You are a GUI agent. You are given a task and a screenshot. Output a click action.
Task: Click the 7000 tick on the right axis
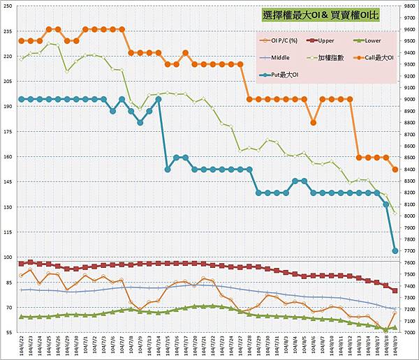pyautogui.click(x=409, y=333)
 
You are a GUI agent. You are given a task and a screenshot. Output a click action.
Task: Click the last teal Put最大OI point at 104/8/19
pyautogui.click(x=395, y=250)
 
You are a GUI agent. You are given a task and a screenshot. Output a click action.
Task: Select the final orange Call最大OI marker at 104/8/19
pyautogui.click(x=395, y=170)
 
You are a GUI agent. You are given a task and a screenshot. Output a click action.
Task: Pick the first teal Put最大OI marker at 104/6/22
pyautogui.click(x=22, y=99)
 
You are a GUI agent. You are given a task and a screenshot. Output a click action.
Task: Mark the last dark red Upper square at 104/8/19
pyautogui.click(x=395, y=291)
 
